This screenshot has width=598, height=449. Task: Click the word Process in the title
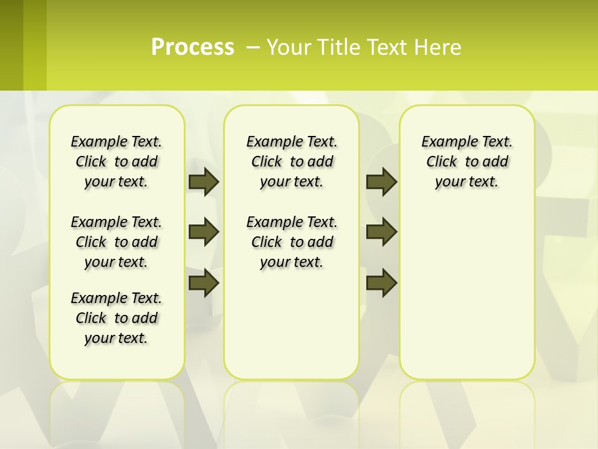click(x=192, y=47)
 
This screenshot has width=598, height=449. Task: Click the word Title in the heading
click(x=336, y=47)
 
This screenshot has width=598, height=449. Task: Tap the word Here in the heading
click(x=439, y=47)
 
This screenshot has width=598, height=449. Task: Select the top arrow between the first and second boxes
click(x=204, y=181)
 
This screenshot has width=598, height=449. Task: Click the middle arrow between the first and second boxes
click(x=204, y=232)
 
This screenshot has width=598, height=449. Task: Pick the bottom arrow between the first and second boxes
click(x=204, y=282)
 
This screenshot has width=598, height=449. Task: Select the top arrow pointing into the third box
click(x=381, y=181)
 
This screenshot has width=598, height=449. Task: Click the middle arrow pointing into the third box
click(x=381, y=232)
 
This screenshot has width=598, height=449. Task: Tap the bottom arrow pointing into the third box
click(x=381, y=282)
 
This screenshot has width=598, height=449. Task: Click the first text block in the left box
click(x=116, y=162)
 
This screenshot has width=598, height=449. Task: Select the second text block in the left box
click(x=116, y=242)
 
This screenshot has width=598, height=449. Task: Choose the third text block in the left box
click(x=116, y=318)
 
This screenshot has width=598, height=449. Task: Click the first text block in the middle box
click(x=292, y=162)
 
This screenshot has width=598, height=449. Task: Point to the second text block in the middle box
click(x=292, y=242)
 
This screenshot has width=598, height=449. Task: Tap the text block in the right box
click(x=467, y=162)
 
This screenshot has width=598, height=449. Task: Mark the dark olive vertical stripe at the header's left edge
click(x=11, y=45)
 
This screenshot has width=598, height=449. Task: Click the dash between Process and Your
click(x=254, y=47)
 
